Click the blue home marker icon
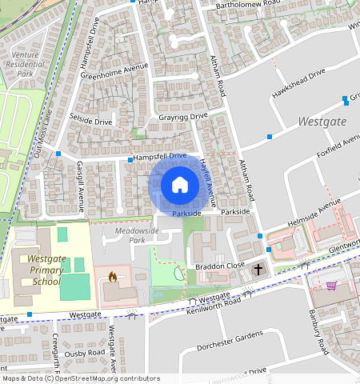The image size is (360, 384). (180, 185)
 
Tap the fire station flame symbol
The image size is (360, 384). (112, 277)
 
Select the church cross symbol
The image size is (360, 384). (258, 270)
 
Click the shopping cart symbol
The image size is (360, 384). (331, 285)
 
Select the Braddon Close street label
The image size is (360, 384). (219, 266)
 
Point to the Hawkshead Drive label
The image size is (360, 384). (298, 81)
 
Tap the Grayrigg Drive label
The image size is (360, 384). (182, 116)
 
